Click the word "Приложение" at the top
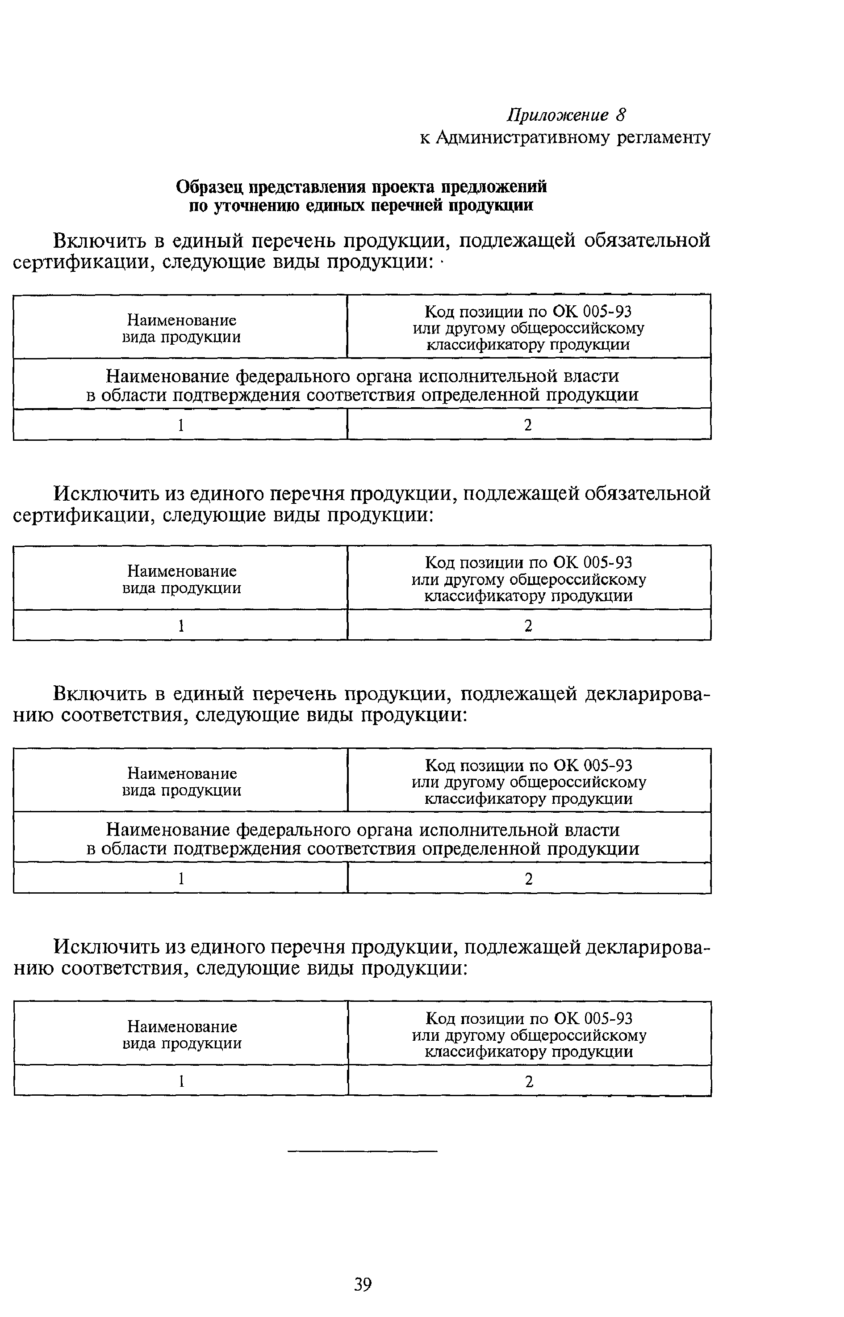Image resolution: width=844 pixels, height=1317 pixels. (x=557, y=115)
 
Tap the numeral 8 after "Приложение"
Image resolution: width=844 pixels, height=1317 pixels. (x=620, y=115)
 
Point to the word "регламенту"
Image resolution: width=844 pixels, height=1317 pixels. (x=664, y=138)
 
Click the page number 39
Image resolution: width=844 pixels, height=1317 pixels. (x=363, y=1284)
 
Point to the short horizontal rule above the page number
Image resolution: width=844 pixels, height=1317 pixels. (x=363, y=1151)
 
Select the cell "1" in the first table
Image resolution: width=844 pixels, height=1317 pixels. (x=180, y=425)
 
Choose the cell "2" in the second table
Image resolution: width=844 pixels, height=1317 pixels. (x=528, y=625)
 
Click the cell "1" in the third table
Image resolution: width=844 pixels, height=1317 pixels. (x=181, y=879)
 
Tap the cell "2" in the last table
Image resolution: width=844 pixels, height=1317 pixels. (x=529, y=1082)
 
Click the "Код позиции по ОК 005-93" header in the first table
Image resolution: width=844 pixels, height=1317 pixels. (x=528, y=312)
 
